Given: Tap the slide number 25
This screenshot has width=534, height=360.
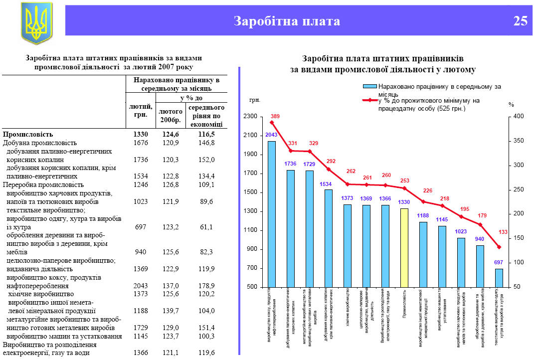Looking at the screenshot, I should [520, 21].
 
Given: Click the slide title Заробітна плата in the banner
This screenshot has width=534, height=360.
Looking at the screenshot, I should [287, 21].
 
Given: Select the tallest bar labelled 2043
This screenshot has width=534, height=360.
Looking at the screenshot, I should [272, 214].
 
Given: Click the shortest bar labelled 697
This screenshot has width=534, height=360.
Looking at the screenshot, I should [499, 278].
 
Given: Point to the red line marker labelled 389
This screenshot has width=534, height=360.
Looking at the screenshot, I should [272, 122].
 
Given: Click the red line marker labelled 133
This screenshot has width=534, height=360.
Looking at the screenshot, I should [499, 247].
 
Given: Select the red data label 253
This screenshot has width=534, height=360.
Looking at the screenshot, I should [404, 180].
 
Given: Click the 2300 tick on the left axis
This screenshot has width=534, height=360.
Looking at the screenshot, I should [250, 117].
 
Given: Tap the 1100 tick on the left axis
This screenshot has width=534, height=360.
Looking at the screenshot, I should [250, 230].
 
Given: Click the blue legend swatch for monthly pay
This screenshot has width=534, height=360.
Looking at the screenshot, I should [369, 87].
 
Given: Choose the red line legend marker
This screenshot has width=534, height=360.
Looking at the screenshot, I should [369, 101].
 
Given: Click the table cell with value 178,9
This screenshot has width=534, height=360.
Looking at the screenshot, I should [206, 286].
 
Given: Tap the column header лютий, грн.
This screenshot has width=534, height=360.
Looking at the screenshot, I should [141, 110].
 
